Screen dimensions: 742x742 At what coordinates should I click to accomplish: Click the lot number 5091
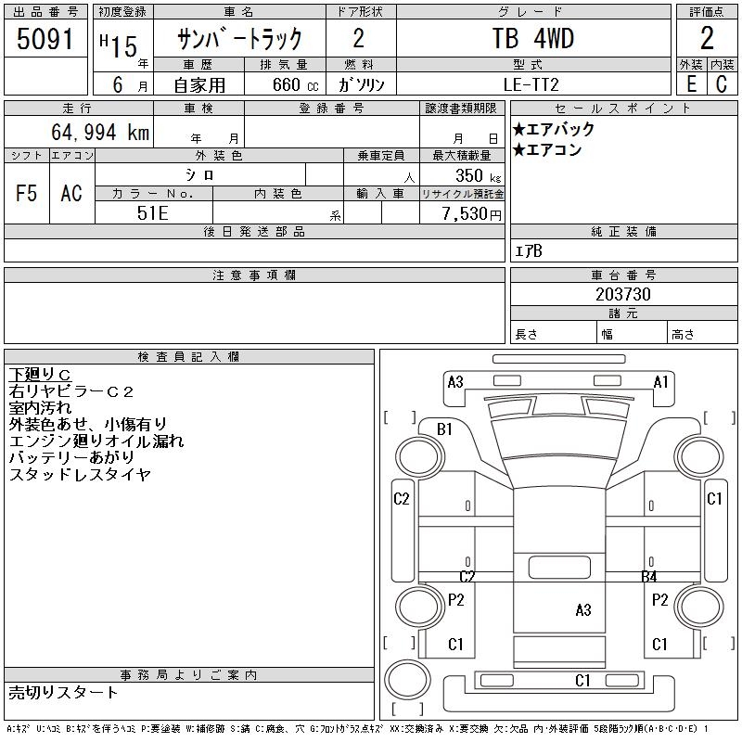45,39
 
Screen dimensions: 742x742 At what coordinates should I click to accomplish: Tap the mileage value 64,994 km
100,132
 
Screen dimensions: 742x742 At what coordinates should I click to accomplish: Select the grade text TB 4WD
532,38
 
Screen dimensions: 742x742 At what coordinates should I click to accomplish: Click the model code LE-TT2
531,84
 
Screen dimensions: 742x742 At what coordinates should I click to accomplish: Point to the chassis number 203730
623,294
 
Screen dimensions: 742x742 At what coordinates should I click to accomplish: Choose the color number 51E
152,213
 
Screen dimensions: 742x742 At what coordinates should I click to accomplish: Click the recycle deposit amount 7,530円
471,214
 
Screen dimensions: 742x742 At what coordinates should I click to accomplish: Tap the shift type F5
26,193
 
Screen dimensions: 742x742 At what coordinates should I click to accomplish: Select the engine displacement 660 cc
295,84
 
